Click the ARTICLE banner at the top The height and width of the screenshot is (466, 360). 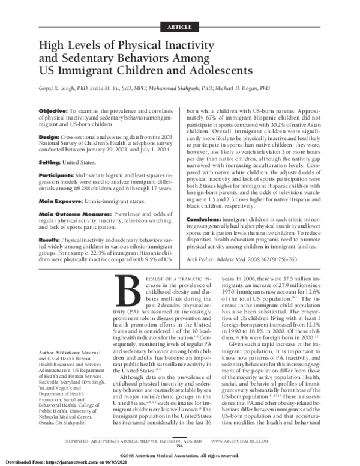(179, 28)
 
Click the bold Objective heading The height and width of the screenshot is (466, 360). (56, 112)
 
